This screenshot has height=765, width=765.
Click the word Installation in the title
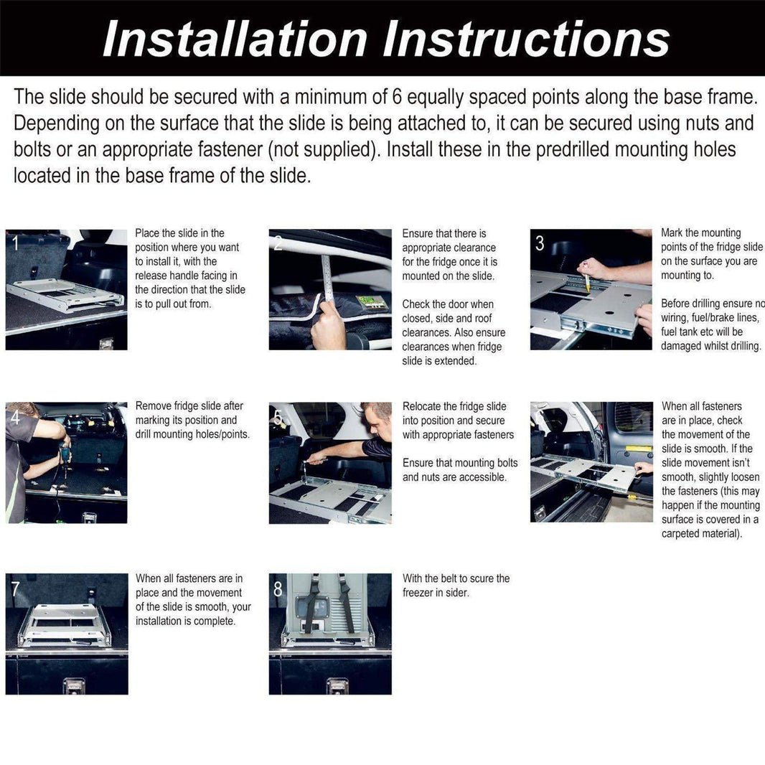point(236,39)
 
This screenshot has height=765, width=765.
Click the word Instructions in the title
point(526,39)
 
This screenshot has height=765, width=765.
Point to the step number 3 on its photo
point(540,243)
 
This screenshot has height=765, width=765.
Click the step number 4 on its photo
point(14,417)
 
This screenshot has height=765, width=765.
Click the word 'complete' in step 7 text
point(213,621)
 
